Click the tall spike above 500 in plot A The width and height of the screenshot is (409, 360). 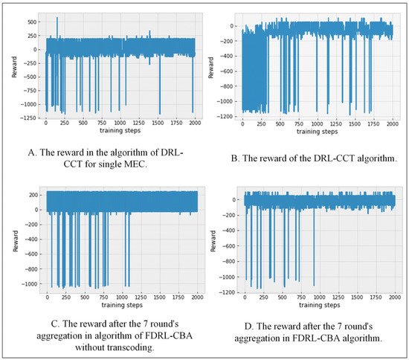coord(57,18)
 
